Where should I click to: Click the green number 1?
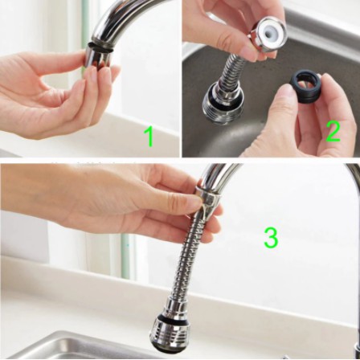[149, 137]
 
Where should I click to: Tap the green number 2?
[333, 131]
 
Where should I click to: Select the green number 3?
[271, 238]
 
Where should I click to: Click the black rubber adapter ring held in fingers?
[306, 87]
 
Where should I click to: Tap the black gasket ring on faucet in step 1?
[99, 46]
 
